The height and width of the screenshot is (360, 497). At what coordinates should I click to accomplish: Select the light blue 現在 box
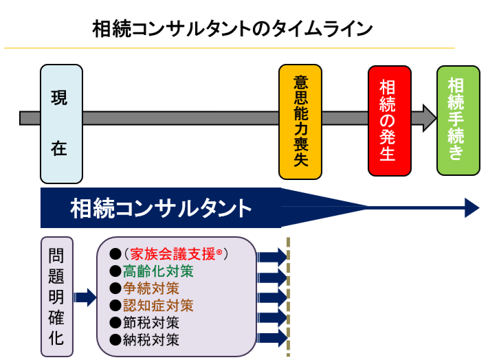point(61,124)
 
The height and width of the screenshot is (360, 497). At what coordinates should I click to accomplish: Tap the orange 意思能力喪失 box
point(300,122)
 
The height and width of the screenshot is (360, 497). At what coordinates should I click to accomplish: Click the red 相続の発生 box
point(389,121)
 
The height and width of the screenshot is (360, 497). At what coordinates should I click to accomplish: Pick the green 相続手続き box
point(458,121)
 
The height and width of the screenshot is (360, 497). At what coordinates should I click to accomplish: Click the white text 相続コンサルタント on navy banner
point(161,207)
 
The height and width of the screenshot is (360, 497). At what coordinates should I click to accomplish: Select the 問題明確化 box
point(56,297)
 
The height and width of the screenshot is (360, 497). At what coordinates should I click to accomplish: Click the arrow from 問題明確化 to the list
point(85,297)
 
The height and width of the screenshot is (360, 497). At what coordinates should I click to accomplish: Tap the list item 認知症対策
point(158,305)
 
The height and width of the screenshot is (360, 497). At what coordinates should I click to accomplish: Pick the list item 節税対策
point(151,322)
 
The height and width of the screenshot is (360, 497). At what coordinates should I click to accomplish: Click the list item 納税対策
point(151,339)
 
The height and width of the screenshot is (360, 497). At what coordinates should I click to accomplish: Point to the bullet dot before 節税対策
point(115,322)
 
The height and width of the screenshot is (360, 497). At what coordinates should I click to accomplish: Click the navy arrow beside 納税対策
point(272,338)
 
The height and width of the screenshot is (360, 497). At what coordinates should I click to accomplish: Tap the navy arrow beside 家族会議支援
point(272,256)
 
